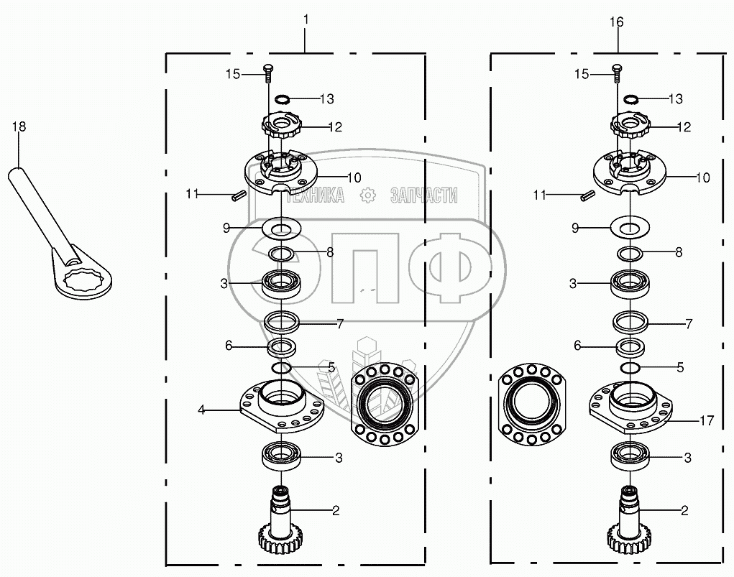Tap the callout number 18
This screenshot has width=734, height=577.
click(x=19, y=127)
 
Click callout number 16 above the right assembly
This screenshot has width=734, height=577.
click(x=617, y=22)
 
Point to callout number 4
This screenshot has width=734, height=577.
click(x=202, y=410)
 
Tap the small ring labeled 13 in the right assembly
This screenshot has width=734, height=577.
click(x=633, y=98)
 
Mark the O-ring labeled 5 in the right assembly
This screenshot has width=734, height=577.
click(x=630, y=368)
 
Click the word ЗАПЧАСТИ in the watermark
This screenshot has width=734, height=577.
click(x=423, y=194)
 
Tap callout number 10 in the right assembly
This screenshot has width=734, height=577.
click(x=702, y=177)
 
